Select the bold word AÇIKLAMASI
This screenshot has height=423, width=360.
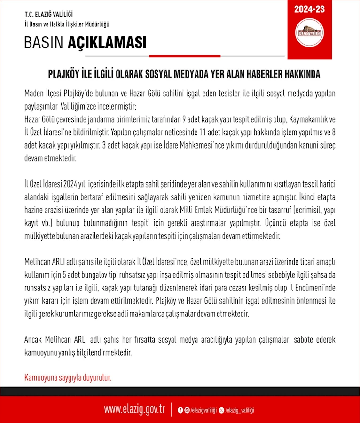(x=107, y=43)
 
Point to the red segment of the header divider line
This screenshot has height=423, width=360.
(x=185, y=56)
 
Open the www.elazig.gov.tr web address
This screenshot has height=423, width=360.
(x=134, y=409)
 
